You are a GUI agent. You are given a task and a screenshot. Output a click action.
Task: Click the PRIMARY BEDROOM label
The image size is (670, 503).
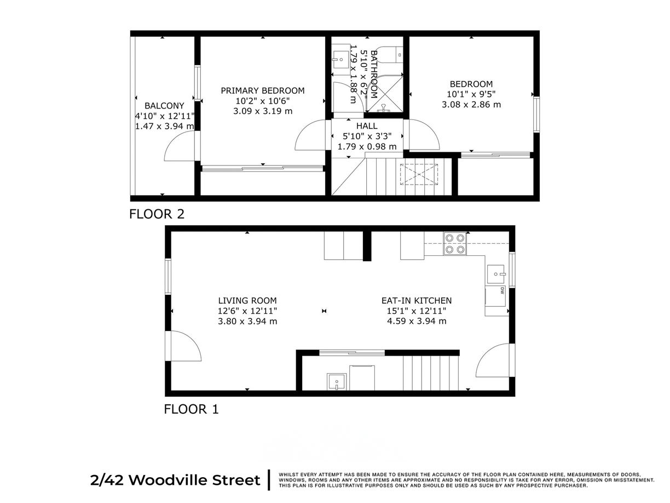262,90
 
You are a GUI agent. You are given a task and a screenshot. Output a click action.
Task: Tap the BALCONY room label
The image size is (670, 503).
164,106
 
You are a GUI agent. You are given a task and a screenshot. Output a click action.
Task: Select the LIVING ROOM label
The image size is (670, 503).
247,300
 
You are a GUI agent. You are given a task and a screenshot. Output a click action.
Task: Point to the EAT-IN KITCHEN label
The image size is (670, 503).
416,300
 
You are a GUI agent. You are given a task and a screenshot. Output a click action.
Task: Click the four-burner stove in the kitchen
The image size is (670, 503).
455,244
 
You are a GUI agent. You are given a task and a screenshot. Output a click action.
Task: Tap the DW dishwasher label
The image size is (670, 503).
501,291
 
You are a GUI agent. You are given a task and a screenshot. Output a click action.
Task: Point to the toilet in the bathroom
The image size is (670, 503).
393,55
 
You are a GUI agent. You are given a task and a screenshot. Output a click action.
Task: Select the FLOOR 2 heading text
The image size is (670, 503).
157,214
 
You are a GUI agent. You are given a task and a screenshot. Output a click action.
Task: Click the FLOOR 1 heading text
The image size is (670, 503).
192,409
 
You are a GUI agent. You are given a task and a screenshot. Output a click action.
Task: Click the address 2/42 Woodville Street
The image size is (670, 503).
175,481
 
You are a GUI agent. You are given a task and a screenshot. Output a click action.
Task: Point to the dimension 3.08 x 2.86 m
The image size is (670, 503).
471,104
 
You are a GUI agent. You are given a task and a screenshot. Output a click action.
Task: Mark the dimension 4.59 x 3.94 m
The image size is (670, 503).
416,321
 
